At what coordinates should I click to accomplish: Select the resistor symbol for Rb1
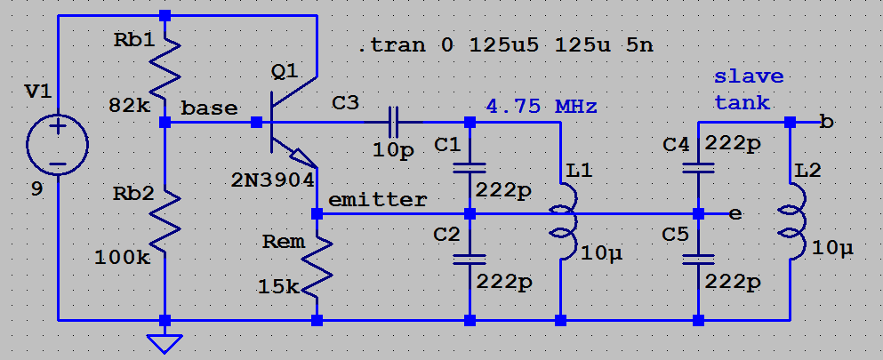point(165,72)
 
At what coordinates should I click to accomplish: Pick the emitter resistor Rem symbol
point(317,263)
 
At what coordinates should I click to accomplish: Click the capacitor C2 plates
point(470,259)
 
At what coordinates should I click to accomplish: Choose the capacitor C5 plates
point(698,259)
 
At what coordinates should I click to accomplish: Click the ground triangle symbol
point(165,342)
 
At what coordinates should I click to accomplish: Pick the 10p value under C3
point(394,150)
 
